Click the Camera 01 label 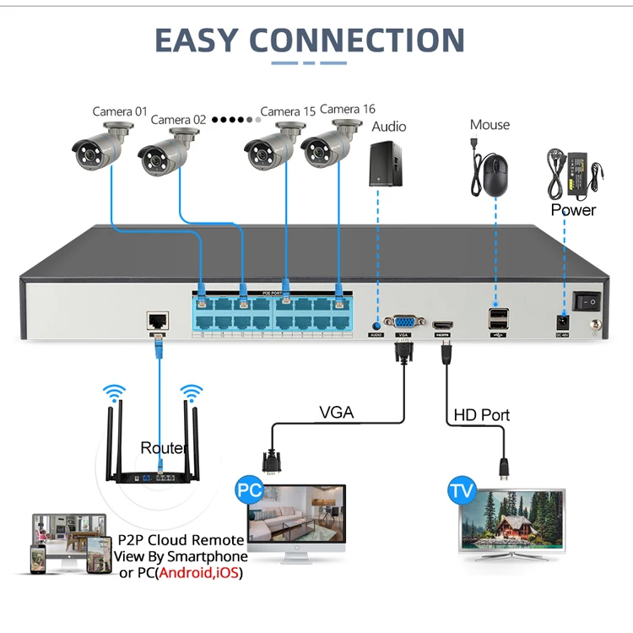(x=120, y=111)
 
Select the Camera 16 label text (x=348, y=109)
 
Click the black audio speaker (x=387, y=162)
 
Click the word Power (x=574, y=209)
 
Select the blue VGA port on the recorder (x=402, y=322)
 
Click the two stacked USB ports (x=497, y=319)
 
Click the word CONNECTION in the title (x=357, y=40)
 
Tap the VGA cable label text (x=337, y=413)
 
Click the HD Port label (x=482, y=415)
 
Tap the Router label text (x=163, y=447)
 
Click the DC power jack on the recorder (x=560, y=322)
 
